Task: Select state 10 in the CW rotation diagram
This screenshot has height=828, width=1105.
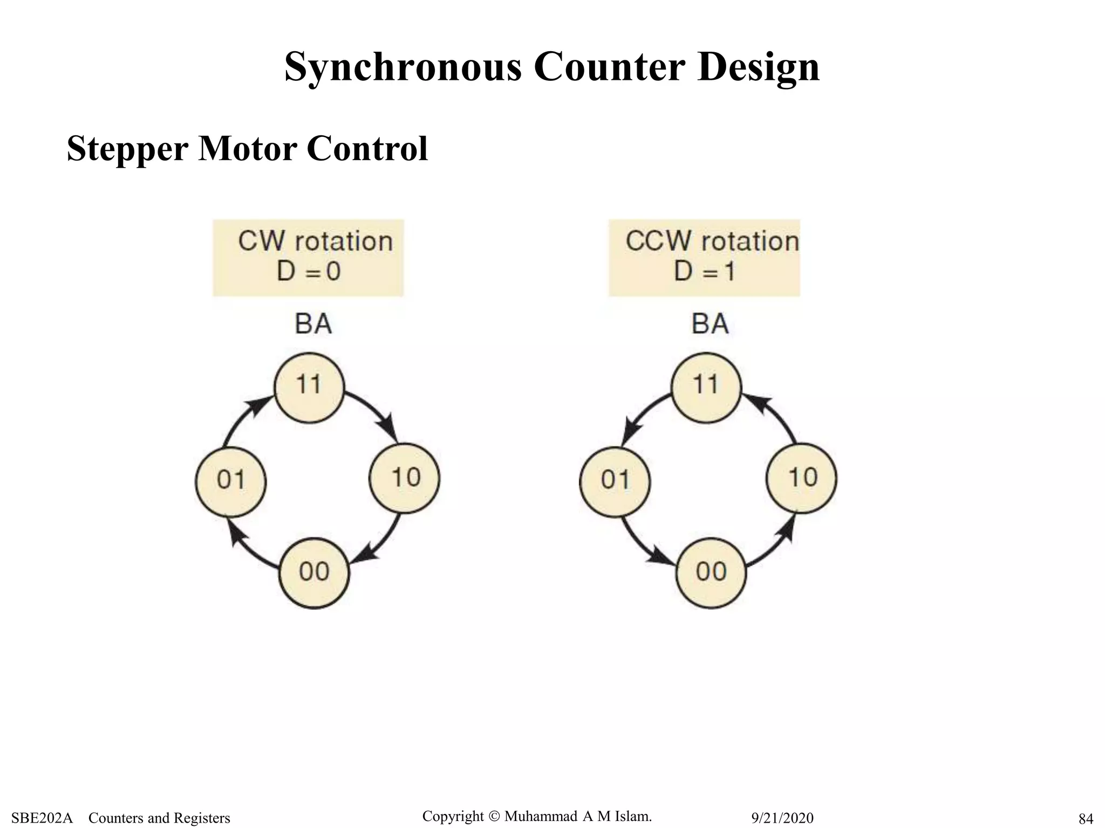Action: click(x=405, y=478)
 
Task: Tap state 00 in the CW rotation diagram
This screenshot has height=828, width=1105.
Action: click(x=314, y=573)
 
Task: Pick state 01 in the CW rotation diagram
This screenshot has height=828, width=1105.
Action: click(x=230, y=480)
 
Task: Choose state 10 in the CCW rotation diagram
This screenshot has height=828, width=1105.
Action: click(x=802, y=478)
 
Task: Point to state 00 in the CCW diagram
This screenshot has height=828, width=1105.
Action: click(x=711, y=573)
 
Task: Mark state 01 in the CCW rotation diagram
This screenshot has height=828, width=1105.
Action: click(x=615, y=480)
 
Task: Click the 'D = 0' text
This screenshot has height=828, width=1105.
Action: click(x=309, y=271)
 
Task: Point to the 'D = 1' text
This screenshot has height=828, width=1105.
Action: click(x=705, y=271)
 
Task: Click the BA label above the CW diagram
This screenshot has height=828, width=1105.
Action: click(x=313, y=324)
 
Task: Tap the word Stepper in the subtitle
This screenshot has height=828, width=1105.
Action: click(x=128, y=148)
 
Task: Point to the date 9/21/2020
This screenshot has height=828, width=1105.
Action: click(x=782, y=818)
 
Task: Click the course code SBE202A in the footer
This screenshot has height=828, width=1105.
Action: click(x=42, y=818)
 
